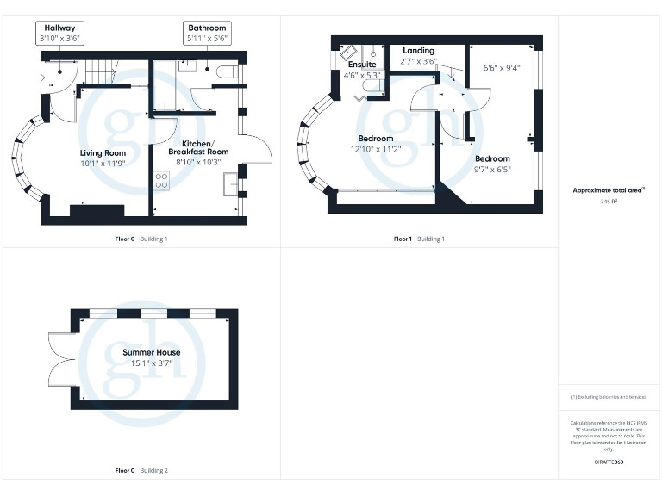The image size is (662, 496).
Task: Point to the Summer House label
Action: pyautogui.click(x=152, y=353)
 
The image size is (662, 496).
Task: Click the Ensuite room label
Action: pyautogui.click(x=362, y=65)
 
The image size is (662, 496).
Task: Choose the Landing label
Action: pyautogui.click(x=418, y=51)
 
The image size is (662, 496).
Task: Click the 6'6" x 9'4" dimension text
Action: pyautogui.click(x=501, y=66)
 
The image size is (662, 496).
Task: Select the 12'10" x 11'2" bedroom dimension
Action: pyautogui.click(x=376, y=148)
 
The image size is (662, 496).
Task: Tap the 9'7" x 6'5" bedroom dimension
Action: pyautogui.click(x=492, y=169)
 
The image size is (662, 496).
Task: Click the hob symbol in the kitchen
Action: pyautogui.click(x=160, y=180)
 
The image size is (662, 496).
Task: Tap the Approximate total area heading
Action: pyautogui.click(x=609, y=189)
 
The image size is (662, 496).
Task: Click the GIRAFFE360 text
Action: pyautogui.click(x=609, y=462)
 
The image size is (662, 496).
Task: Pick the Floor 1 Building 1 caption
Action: pyautogui.click(x=420, y=239)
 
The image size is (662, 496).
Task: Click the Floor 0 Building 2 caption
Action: pyautogui.click(x=141, y=470)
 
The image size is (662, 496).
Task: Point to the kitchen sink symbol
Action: pyautogui.click(x=230, y=183)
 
